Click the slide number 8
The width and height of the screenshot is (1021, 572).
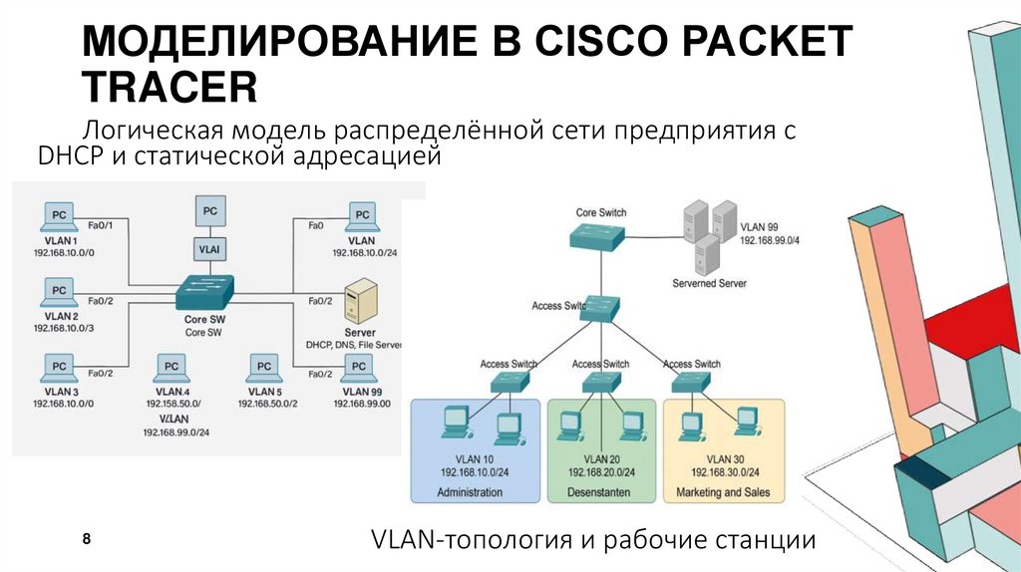coord(87,538)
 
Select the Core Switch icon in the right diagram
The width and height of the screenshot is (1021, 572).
coord(597,236)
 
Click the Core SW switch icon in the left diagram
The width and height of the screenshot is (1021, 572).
coord(203,292)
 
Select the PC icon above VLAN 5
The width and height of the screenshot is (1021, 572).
coord(264,369)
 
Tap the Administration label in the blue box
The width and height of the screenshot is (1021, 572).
coord(470,493)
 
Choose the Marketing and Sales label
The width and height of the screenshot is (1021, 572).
coord(723,493)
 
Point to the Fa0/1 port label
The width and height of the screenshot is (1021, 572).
coord(102,225)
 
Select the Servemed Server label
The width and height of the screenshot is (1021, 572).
coord(709,284)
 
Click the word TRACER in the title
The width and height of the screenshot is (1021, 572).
coord(170,88)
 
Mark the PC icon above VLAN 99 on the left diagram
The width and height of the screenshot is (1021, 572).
coord(360,369)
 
